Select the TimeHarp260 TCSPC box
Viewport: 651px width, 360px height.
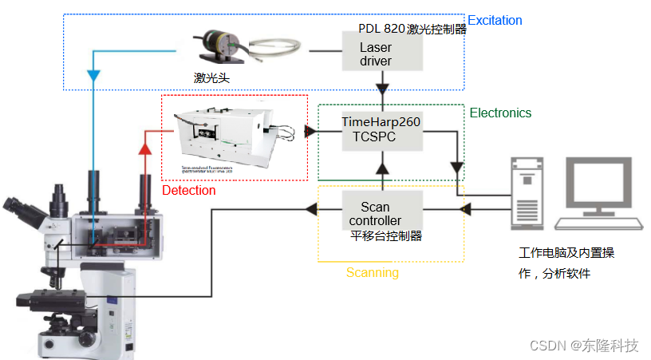click(381, 129)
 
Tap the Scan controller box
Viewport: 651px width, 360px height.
click(381, 212)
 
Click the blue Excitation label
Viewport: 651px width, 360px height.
click(495, 20)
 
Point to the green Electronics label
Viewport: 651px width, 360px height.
click(500, 113)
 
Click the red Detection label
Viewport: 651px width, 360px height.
click(188, 191)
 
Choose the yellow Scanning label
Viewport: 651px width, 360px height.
click(372, 273)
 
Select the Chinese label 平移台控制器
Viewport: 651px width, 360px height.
click(386, 235)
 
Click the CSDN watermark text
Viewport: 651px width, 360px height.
click(546, 346)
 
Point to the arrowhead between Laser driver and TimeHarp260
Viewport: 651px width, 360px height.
click(381, 85)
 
